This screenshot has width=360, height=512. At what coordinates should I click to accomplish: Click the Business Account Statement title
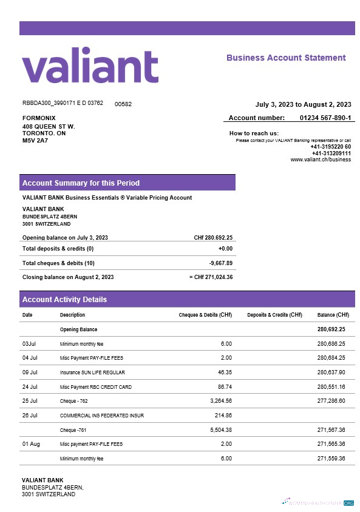pos(286,58)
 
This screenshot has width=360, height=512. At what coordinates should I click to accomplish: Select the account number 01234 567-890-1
pos(325,118)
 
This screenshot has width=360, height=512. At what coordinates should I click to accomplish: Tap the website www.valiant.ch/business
pos(321,160)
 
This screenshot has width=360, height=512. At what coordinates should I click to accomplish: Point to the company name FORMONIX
pos(39,118)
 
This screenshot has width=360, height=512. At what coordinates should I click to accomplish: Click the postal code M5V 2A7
pos(35,141)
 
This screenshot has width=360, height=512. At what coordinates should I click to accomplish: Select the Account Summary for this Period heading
pos(81,183)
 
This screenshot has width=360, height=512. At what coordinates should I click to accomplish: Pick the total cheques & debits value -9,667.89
pos(221,263)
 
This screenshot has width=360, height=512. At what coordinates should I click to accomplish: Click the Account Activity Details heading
pos(64,300)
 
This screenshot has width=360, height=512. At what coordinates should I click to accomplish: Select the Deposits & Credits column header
pos(274,315)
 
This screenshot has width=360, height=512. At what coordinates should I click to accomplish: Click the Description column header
pos(72,315)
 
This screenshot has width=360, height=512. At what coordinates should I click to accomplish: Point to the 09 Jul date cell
pos(30,372)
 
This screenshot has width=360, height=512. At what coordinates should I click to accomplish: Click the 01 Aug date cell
pos(31,444)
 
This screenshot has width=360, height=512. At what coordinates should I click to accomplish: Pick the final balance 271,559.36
pos(331,459)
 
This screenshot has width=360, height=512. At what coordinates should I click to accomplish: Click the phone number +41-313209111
pos(331,153)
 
